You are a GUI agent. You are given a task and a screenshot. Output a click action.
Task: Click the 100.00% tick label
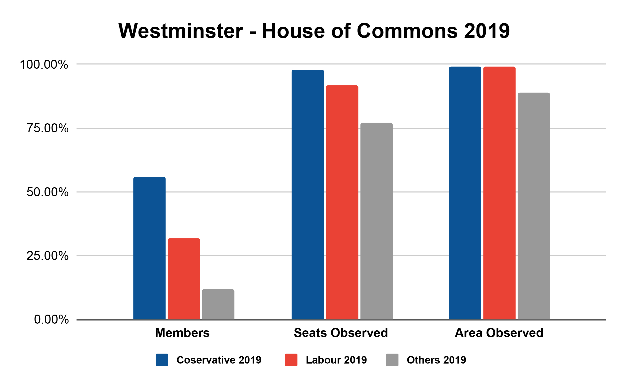click(x=44, y=64)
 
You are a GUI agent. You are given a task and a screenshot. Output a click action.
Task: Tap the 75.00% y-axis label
click(x=47, y=128)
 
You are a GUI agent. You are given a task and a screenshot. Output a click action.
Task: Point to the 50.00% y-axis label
click(x=47, y=192)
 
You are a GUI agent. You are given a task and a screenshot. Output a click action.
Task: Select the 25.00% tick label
click(x=47, y=256)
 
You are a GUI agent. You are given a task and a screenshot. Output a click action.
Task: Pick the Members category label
click(x=182, y=333)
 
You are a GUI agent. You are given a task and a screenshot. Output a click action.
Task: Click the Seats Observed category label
click(x=341, y=333)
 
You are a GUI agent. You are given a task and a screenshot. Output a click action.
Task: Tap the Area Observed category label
click(x=499, y=333)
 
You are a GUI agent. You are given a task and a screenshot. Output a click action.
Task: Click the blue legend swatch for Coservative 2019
click(x=162, y=360)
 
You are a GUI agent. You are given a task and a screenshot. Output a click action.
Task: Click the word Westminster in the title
click(x=181, y=31)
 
